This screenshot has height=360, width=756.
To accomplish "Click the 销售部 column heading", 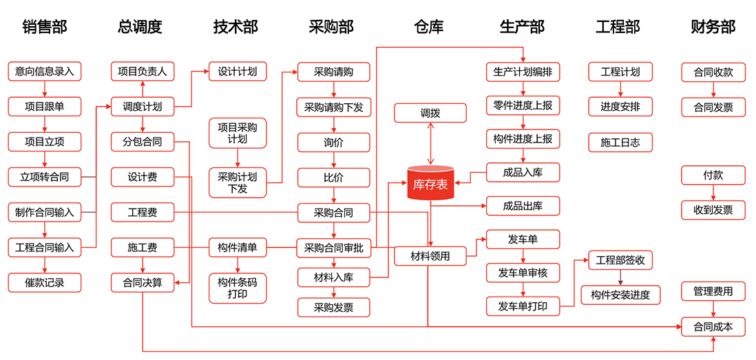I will tap(45, 27).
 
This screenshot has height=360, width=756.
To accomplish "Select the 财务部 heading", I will tap(713, 27).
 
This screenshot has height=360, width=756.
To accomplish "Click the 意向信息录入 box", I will tap(45, 71).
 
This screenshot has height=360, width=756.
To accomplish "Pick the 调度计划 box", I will tap(143, 107).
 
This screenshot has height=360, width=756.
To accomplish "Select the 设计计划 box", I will tap(238, 71).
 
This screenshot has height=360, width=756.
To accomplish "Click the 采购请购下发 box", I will tap(334, 107).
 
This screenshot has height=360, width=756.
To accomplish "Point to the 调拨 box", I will tap(430, 113).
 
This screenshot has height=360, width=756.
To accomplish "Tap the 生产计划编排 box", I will tap(523, 71).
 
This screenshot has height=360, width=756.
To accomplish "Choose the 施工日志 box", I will tap(620, 142).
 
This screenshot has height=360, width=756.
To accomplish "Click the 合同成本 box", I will tap(713, 327).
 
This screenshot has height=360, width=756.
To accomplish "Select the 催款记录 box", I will tap(45, 282).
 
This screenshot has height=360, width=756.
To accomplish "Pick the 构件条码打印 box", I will tap(238, 288).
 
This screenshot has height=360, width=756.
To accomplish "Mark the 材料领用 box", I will tap(430, 256).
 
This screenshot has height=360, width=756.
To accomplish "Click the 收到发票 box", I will tap(713, 210).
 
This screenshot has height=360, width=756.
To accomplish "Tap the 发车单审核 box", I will tap(523, 273).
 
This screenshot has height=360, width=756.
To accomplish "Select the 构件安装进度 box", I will tap(620, 295).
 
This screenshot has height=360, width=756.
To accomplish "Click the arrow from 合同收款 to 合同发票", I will tap(713, 89).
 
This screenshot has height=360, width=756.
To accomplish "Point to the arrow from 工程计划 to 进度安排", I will tap(620, 89).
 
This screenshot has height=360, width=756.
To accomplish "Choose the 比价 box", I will tap(334, 178).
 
